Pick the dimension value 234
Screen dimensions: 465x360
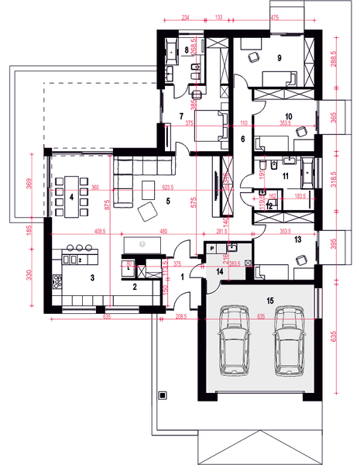pyautogui.click(x=186, y=15)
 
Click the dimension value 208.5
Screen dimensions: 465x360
pyautogui.click(x=182, y=318)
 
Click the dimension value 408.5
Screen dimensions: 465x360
pyautogui.click(x=78, y=230)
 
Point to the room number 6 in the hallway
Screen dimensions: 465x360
pyautogui.click(x=242, y=139)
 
